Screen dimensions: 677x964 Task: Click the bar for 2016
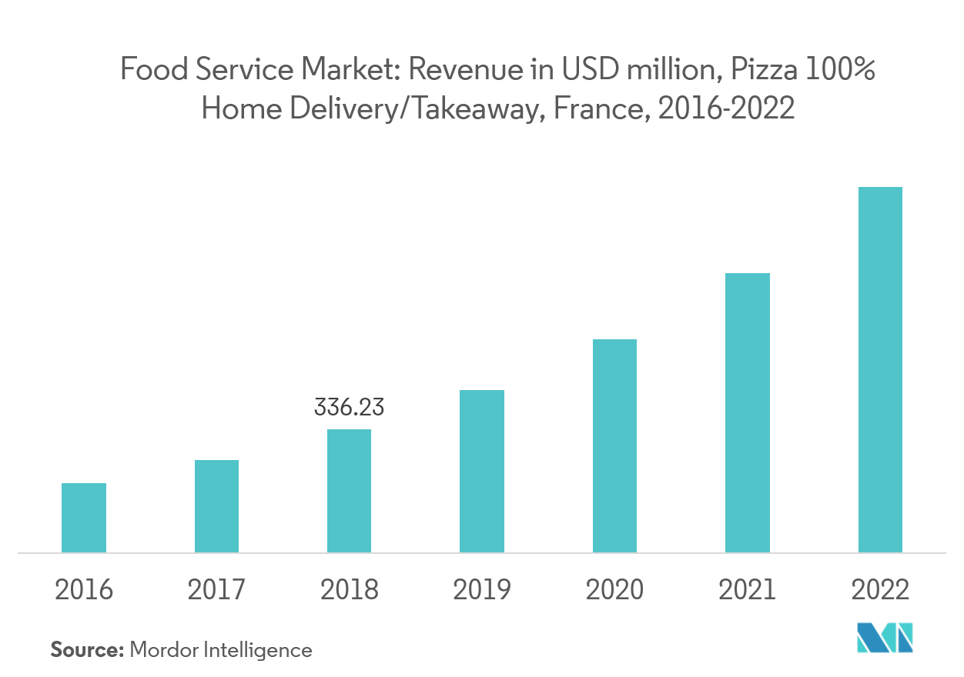pos(84,518)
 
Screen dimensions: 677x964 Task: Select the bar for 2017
pos(216,506)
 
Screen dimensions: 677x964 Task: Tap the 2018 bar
pos(349,491)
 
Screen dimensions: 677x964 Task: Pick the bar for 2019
pos(482,471)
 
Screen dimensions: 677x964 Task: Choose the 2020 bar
pos(614,445)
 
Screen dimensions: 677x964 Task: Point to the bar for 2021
pos(747,412)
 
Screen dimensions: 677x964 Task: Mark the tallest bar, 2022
pos(880,369)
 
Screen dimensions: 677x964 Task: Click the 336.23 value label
pos(349,407)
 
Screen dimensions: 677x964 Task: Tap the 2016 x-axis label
pos(84,590)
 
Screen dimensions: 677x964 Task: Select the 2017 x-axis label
pos(216,590)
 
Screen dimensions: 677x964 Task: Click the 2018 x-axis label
pos(349,590)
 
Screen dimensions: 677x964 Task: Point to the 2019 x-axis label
pos(482,590)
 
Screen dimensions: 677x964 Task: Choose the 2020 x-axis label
pos(614,590)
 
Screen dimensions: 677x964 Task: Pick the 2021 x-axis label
pos(747,590)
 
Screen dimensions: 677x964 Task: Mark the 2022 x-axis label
pos(880,590)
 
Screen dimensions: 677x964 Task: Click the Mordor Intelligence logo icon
pos(885,637)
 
